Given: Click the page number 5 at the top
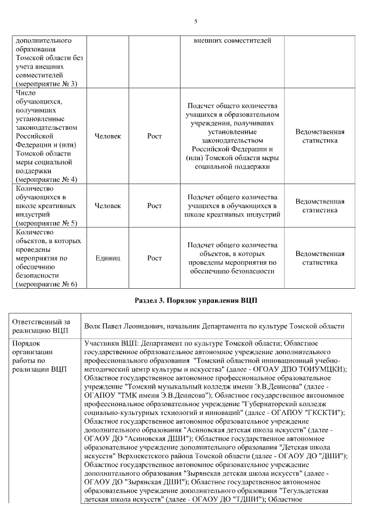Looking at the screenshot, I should click(196, 22).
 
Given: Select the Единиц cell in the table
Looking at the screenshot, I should click(108, 258).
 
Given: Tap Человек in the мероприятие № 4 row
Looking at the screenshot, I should click(108, 136).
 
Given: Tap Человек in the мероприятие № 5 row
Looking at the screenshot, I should click(108, 205).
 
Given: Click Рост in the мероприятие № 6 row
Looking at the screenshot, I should click(154, 258).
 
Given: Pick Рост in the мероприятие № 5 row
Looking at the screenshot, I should click(154, 205).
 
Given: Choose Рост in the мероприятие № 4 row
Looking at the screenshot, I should click(154, 136).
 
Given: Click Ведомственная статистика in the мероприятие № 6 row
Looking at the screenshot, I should click(320, 258).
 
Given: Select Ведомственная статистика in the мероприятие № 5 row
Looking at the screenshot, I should click(320, 205).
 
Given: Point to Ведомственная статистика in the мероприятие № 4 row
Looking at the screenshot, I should click(320, 136).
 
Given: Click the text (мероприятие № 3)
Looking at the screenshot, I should click(46, 84).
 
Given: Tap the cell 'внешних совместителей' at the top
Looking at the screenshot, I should click(232, 41).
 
